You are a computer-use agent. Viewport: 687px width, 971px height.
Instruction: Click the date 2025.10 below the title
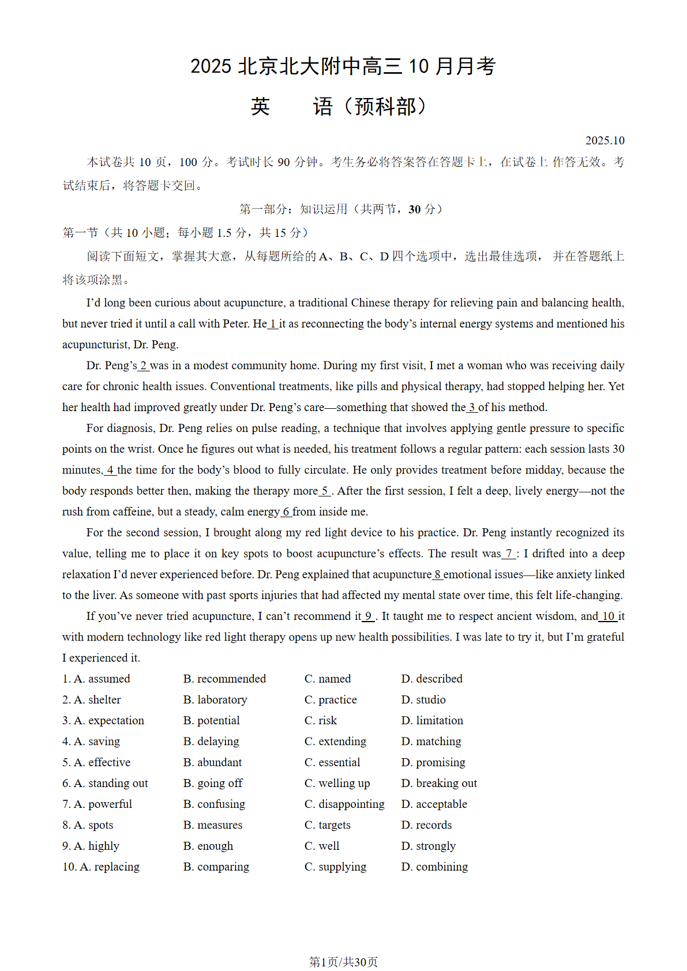605,141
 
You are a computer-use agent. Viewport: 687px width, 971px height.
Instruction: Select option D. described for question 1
431,679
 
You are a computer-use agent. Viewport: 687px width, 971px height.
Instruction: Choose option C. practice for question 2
331,699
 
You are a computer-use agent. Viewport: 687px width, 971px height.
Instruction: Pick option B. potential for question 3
211,720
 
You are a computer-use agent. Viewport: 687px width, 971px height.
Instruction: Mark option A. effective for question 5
96,762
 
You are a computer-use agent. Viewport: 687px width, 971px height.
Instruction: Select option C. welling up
337,783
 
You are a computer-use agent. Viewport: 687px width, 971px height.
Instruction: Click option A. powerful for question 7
97,804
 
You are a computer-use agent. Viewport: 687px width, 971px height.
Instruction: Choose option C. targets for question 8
327,825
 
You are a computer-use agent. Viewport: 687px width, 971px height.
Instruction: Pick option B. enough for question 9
208,846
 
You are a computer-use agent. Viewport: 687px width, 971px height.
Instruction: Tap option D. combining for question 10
434,867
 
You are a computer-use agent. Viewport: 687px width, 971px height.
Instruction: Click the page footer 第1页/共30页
343,962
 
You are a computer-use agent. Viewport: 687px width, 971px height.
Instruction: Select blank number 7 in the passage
509,554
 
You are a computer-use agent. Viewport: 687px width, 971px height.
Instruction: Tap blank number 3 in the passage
472,407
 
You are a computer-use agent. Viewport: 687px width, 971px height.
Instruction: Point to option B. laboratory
215,699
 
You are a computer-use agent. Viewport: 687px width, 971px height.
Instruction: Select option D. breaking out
439,783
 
